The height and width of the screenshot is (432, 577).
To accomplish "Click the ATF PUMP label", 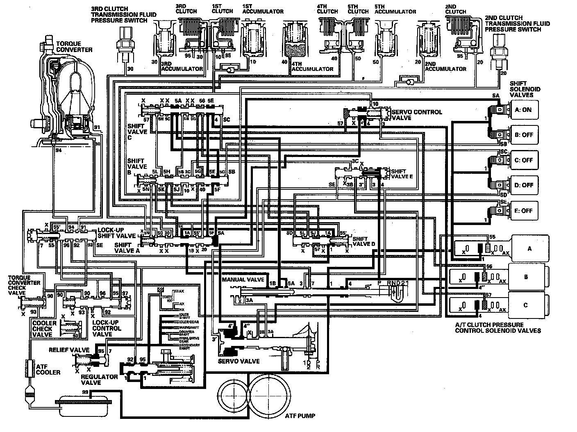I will [x=300, y=416].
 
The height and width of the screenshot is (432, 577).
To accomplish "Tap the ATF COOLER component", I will [x=29, y=367].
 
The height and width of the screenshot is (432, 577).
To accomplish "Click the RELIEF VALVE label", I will [x=69, y=350].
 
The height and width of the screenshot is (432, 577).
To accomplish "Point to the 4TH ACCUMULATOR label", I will [x=312, y=69].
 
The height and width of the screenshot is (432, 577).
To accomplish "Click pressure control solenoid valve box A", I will [x=529, y=248].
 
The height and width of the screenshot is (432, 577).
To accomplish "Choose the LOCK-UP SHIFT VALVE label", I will [x=116, y=233].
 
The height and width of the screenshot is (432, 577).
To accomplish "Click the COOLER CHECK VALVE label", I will [x=43, y=329].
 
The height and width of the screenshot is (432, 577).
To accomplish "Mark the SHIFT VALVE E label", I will [x=402, y=174].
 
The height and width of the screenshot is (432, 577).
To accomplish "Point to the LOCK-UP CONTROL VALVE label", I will [x=107, y=328].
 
